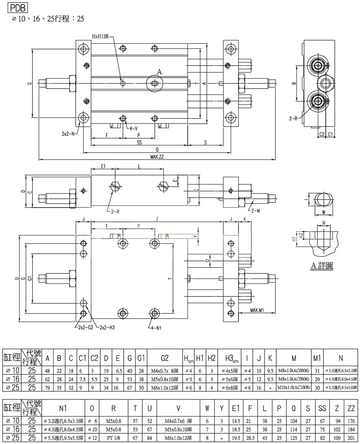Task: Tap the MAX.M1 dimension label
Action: [x=256, y=310]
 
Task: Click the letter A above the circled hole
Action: [x=159, y=71]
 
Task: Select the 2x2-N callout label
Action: [x=69, y=134]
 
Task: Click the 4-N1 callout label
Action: [x=155, y=327]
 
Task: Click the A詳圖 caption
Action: [x=322, y=266]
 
